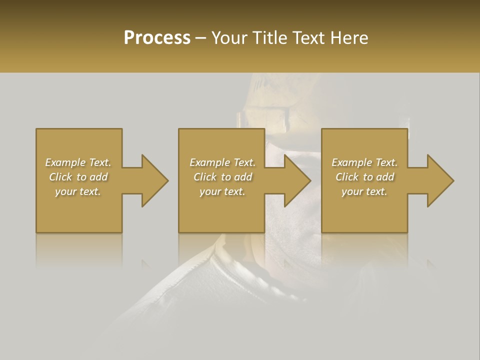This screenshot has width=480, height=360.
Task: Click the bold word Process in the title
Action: (157, 38)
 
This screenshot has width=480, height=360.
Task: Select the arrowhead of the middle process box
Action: (297, 180)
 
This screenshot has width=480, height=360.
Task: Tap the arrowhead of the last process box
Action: (440, 180)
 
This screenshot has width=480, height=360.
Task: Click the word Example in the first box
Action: (65, 162)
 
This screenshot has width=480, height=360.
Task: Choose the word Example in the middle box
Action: (210, 162)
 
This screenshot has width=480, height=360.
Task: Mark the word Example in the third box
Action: (352, 162)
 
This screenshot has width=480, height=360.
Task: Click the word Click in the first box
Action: (60, 177)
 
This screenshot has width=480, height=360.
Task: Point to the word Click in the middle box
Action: (205, 177)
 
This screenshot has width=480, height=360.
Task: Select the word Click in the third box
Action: (347, 177)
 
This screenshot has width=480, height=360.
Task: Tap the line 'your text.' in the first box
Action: (78, 191)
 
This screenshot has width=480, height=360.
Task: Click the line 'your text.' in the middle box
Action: (222, 191)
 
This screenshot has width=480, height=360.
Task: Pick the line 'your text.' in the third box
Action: (364, 191)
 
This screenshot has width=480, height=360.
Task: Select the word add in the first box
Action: (99, 177)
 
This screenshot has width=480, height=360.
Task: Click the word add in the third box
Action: (385, 177)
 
